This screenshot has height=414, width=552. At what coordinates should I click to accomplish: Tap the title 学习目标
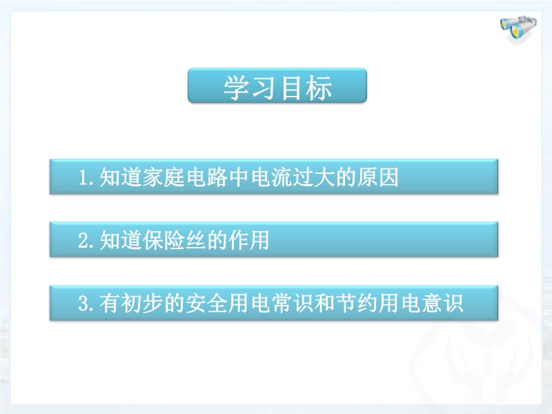click(x=277, y=88)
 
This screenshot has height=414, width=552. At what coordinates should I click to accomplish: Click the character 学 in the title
click(x=237, y=88)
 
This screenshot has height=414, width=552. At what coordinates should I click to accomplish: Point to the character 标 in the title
click(x=319, y=88)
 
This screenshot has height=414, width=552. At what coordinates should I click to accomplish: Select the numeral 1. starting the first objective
click(x=86, y=177)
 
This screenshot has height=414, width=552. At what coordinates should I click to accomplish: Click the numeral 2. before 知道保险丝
click(x=86, y=240)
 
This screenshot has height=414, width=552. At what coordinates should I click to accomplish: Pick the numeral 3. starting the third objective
click(x=86, y=304)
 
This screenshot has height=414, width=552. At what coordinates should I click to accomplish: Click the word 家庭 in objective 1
click(x=164, y=177)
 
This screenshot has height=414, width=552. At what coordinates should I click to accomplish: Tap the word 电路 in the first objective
click(x=206, y=177)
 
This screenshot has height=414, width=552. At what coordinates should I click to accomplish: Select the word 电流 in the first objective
click(x=271, y=177)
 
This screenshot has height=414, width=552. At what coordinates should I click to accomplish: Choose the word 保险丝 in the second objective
click(x=175, y=240)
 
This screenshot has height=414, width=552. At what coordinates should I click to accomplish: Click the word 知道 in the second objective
click(x=120, y=240)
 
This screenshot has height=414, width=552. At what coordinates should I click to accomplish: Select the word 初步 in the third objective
click(x=142, y=303)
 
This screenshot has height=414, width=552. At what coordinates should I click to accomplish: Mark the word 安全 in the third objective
click(x=206, y=303)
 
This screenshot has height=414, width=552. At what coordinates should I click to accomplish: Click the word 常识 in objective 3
click(x=293, y=303)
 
